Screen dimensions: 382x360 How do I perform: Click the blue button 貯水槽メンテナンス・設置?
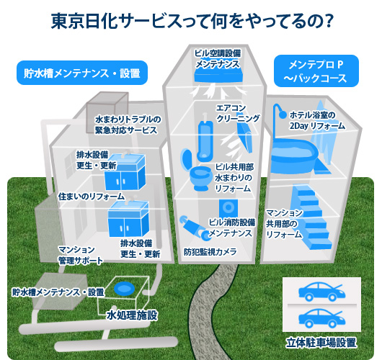82,73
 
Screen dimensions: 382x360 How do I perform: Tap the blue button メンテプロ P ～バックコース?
316,71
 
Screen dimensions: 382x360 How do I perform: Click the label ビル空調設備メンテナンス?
218,58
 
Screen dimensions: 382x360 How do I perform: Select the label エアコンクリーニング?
238,113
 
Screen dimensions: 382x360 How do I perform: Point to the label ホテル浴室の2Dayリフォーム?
317,120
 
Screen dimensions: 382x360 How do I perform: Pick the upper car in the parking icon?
321,291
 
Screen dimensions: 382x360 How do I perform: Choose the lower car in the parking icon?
321,318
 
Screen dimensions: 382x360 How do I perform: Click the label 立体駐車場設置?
321,343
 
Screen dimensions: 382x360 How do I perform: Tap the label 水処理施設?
132,315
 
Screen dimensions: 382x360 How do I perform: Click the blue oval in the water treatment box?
124,289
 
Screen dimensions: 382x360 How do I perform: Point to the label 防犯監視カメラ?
210,252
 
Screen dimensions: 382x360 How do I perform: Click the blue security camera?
195,227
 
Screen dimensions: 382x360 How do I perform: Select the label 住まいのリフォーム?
92,197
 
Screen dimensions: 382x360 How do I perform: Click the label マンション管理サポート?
81,255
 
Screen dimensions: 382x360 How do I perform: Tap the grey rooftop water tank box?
107,112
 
